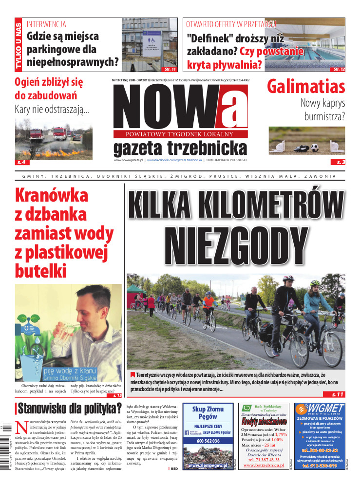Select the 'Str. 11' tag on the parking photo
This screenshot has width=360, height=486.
(x=170, y=69)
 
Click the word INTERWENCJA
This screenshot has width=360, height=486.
(x=46, y=24)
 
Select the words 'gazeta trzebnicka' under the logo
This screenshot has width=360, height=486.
(x=180, y=148)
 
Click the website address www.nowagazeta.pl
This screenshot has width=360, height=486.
(x=128, y=160)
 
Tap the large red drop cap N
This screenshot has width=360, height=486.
(x=21, y=427)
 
